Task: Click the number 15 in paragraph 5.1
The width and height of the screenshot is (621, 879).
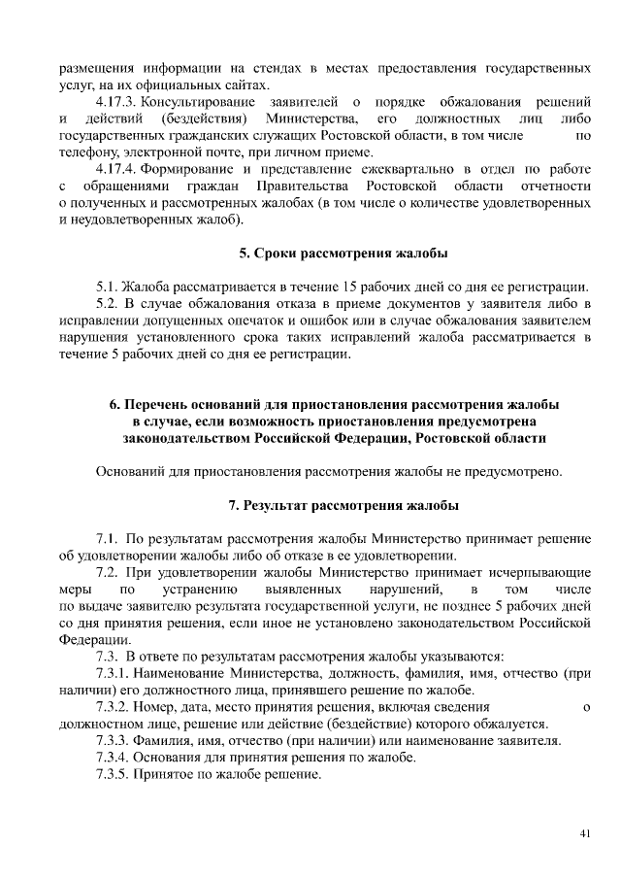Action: (x=350, y=287)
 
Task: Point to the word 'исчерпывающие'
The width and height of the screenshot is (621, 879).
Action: (x=538, y=573)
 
